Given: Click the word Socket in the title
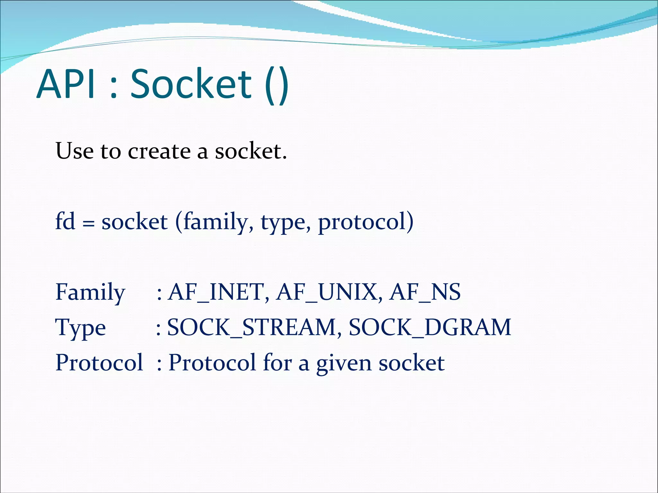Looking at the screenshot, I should (x=191, y=84).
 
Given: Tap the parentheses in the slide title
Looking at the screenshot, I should (x=277, y=85).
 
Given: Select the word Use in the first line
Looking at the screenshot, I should (x=75, y=151).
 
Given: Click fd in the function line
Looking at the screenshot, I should (x=66, y=221).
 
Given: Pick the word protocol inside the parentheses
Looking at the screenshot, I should (x=361, y=222).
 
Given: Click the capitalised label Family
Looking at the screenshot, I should (x=90, y=292).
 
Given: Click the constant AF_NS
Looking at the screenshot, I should (x=425, y=292).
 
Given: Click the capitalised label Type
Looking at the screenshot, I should (x=80, y=328).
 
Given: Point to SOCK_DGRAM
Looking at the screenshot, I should (x=430, y=328).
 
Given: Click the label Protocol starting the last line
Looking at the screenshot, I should (x=99, y=363).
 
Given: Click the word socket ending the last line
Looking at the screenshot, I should (x=412, y=363).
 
